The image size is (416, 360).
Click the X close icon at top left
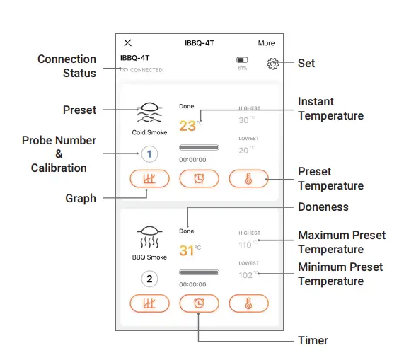click(127, 43)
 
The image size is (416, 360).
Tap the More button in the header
click(266, 43)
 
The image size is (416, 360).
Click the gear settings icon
click(272, 64)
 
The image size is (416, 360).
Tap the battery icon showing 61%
click(242, 61)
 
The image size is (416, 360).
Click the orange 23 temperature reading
click(187, 127)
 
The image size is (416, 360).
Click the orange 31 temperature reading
click(187, 250)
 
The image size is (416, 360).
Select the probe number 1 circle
click(149, 153)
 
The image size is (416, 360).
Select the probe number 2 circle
click(149, 278)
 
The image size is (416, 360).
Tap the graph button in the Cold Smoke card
click(149, 179)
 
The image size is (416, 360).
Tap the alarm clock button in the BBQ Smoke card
click(199, 303)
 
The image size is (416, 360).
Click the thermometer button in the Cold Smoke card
click(248, 179)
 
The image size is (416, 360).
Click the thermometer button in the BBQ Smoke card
click(248, 303)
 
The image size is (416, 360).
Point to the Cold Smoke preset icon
click(149, 112)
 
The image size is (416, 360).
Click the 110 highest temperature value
click(246, 245)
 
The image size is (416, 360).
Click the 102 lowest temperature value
click(246, 275)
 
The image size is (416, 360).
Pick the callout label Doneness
click(323, 207)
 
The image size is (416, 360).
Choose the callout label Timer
click(313, 340)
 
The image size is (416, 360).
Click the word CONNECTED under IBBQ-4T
click(146, 70)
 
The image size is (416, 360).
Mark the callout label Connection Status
click(67, 66)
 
